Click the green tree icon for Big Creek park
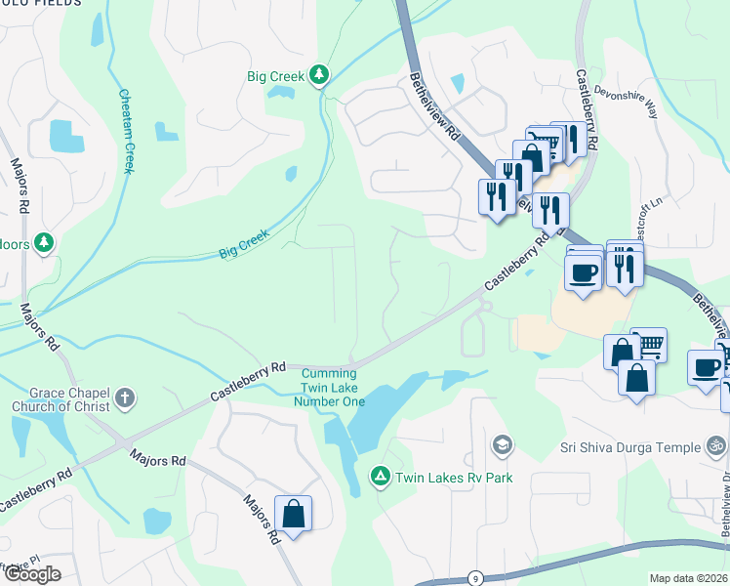(x=318, y=74)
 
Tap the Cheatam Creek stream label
(x=125, y=132)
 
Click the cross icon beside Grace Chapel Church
(x=124, y=398)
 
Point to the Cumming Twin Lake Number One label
(x=333, y=388)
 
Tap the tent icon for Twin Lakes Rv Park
(x=380, y=477)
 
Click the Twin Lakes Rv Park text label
(x=454, y=478)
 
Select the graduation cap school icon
(x=502, y=446)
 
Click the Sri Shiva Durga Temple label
(x=630, y=447)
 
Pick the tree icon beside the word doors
(x=43, y=241)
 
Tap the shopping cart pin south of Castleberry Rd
(x=648, y=344)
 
